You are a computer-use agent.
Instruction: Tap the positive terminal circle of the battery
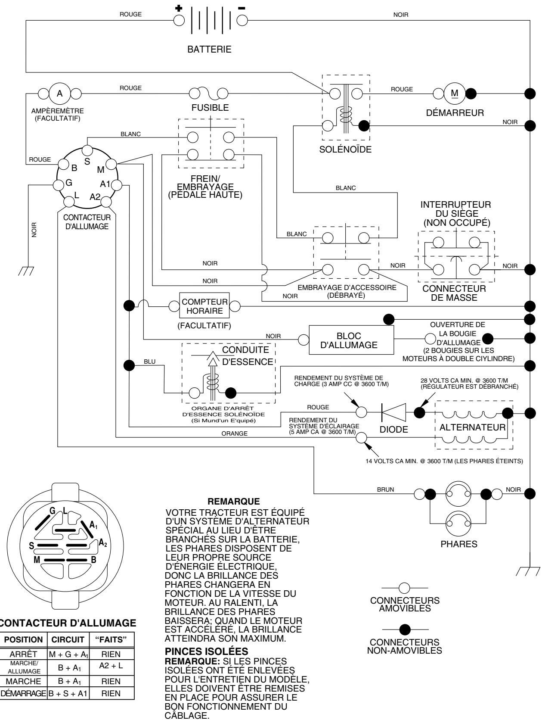pyautogui.click(x=179, y=20)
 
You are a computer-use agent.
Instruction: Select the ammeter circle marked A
pyautogui.click(x=60, y=93)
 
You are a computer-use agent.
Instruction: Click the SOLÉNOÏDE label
pyautogui.click(x=345, y=150)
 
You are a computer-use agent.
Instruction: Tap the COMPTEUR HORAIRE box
pyautogui.click(x=204, y=306)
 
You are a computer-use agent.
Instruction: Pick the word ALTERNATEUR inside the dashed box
pyautogui.click(x=472, y=427)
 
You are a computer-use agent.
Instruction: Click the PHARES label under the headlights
pyautogui.click(x=458, y=544)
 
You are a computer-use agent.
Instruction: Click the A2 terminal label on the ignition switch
pyautogui.click(x=95, y=197)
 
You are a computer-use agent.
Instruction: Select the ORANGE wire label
pyautogui.click(x=234, y=434)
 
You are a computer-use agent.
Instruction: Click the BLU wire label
pyautogui.click(x=149, y=362)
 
